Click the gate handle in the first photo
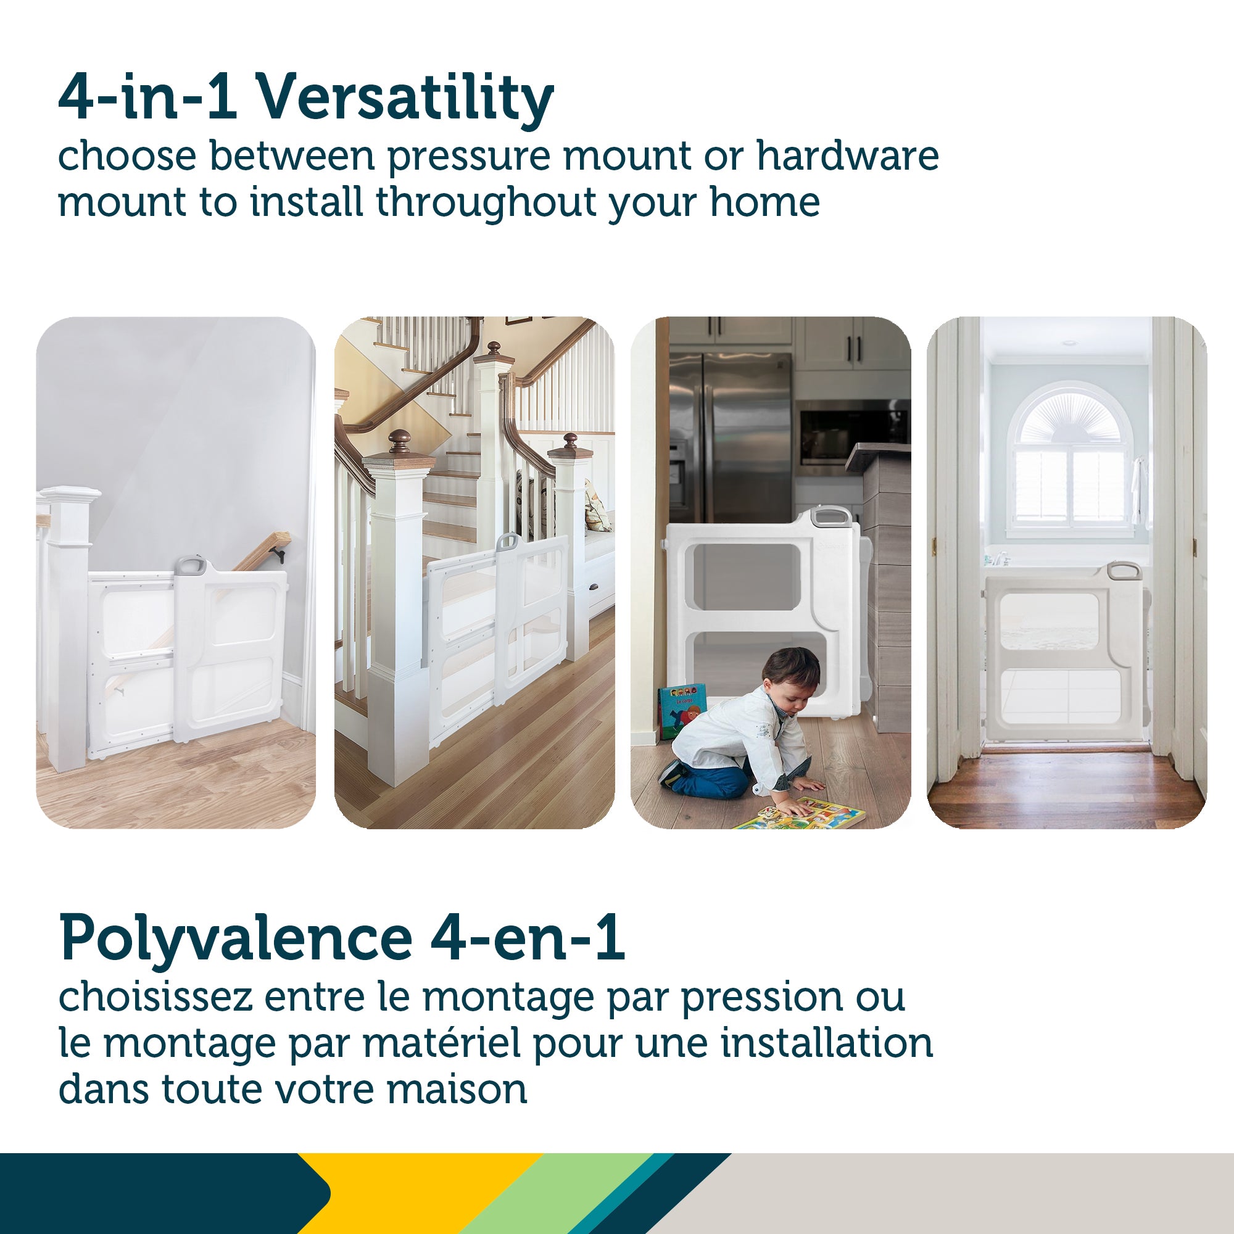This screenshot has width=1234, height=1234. click(189, 565)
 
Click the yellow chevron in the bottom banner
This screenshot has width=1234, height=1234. click(415, 1193)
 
